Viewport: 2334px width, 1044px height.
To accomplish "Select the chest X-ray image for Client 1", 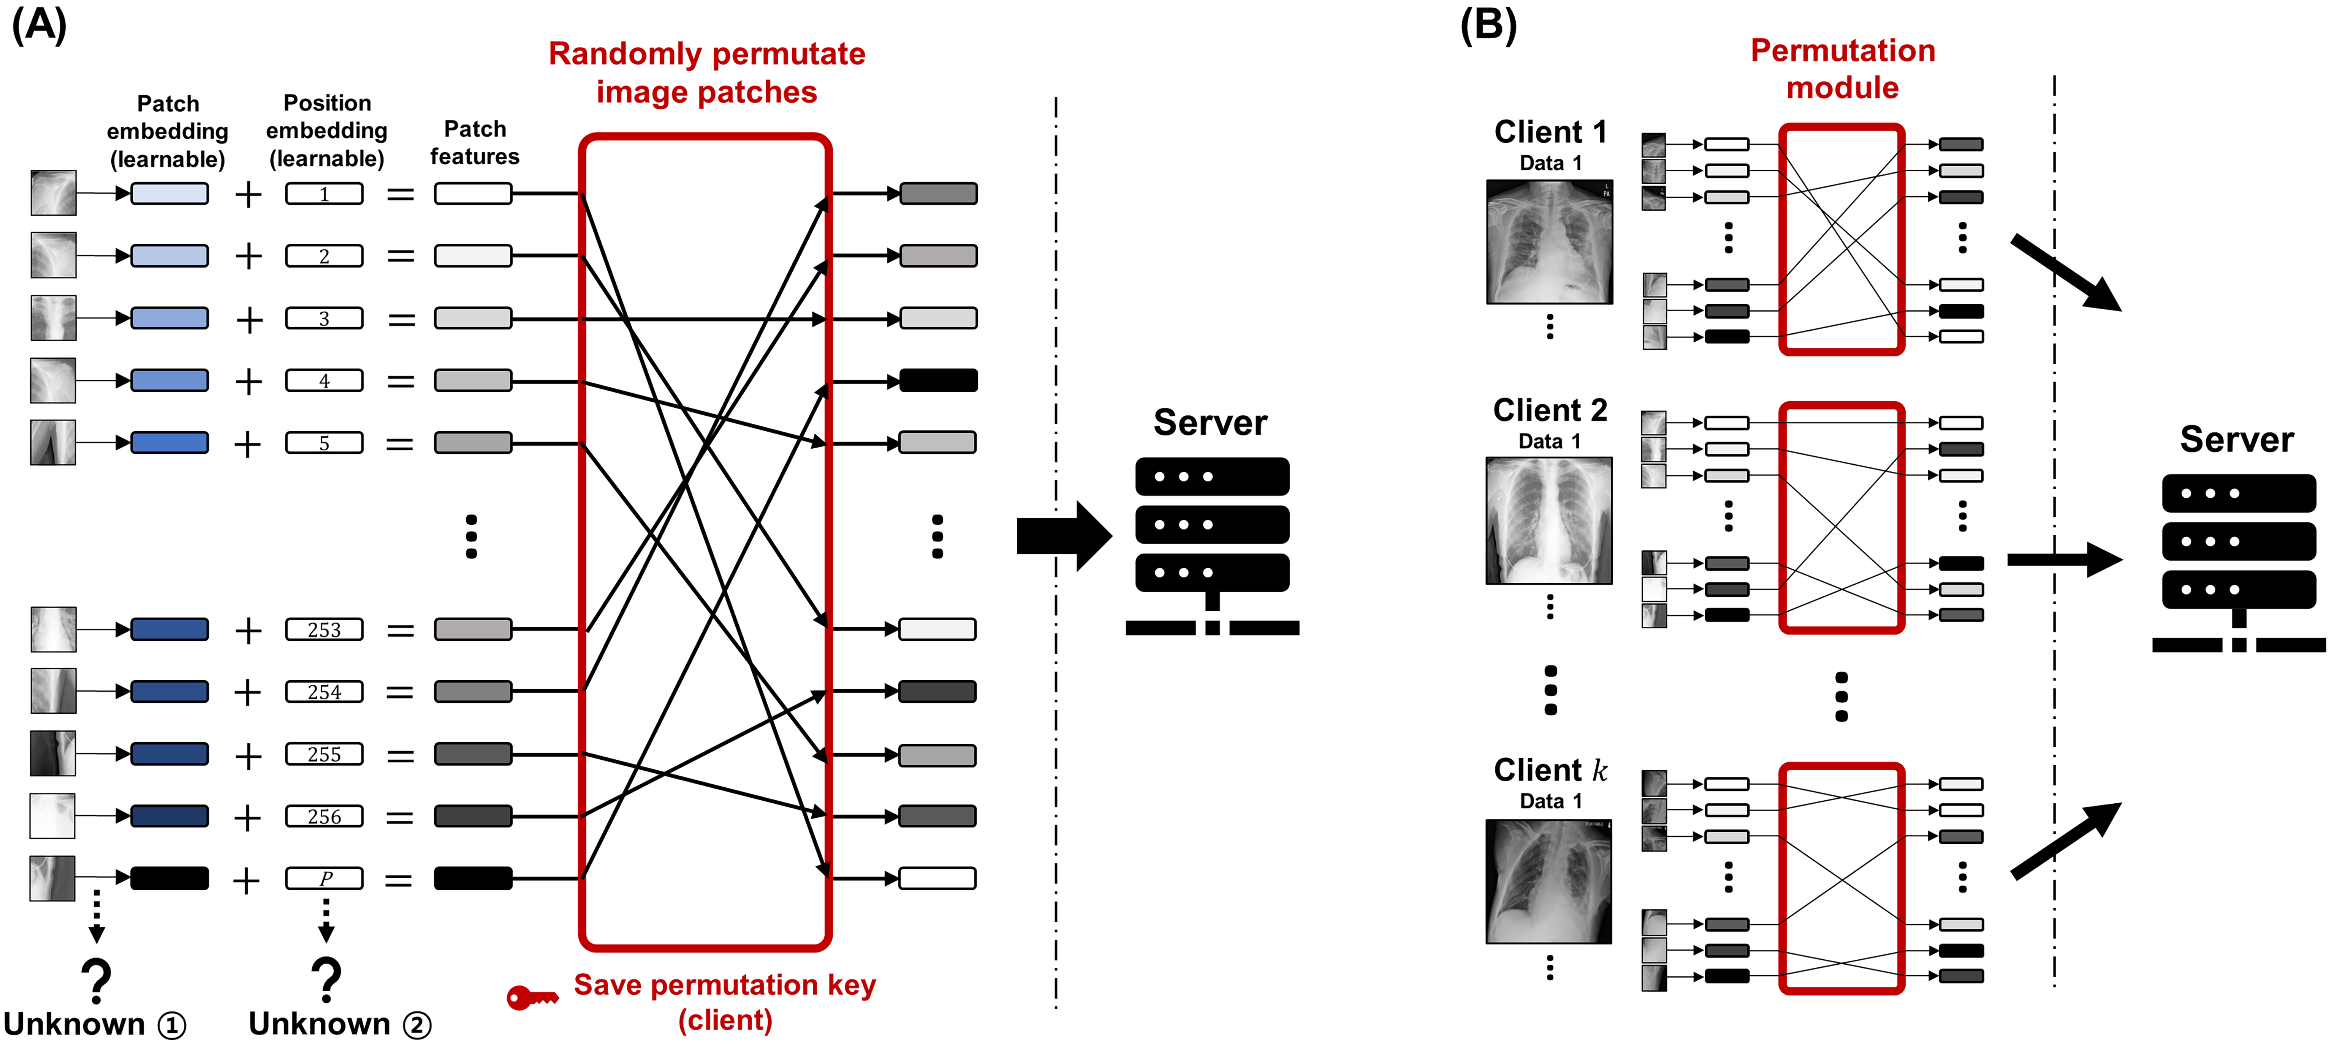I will [x=1549, y=242].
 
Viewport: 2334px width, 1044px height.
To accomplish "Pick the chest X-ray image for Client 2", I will [x=1549, y=520].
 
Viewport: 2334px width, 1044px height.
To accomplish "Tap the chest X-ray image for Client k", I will [x=1549, y=881].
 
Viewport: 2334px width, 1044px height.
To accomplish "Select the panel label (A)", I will [x=39, y=24].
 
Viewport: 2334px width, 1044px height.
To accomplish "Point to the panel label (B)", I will [x=1488, y=24].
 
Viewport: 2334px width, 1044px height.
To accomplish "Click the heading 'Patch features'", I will [x=475, y=142].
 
